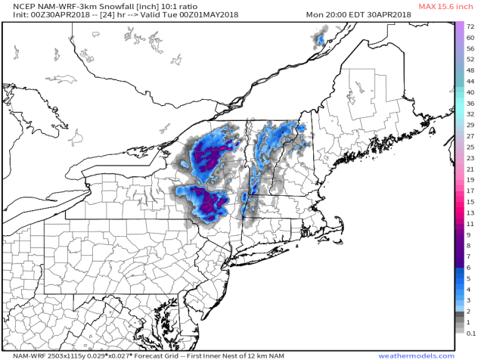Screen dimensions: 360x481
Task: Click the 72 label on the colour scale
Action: coord(470,26)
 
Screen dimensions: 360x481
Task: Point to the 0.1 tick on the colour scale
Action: coord(470,332)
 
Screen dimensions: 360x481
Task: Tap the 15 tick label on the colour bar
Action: coord(470,202)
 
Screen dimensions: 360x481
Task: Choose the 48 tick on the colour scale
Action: coord(470,70)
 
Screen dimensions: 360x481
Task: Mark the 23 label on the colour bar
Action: coord(470,158)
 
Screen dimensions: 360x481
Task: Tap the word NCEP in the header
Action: coord(16,6)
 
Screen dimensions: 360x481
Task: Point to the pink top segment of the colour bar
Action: coord(460,26)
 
